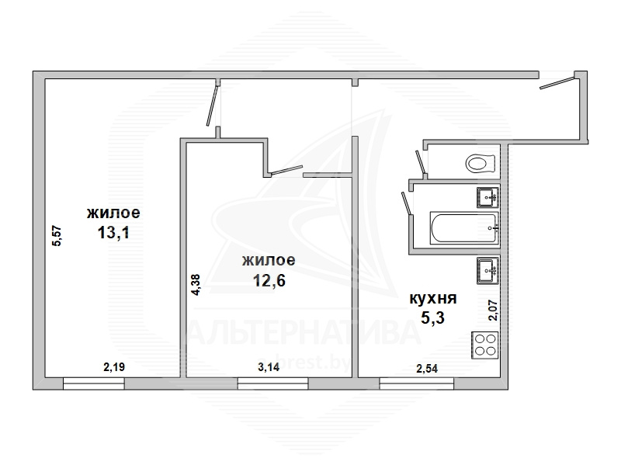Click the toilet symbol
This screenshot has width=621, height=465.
click(480, 163)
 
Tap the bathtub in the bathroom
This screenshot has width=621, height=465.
click(464, 227)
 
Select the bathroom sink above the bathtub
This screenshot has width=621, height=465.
click(487, 197)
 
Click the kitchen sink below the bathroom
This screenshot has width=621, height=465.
click(487, 270)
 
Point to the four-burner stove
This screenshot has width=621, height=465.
click(484, 345)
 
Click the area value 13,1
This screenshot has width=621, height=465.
click(113, 233)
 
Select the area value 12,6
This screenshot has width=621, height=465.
click(269, 280)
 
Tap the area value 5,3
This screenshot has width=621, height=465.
click(432, 318)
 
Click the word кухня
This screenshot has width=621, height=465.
click(433, 298)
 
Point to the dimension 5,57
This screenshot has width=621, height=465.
click(57, 236)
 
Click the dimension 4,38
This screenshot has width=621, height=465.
click(196, 285)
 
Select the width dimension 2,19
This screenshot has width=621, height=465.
click(114, 367)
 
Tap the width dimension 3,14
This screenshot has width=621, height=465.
click(269, 367)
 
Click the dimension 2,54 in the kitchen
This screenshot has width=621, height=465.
click(427, 369)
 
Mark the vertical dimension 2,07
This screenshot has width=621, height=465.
click(493, 311)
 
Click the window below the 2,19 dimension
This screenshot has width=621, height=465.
click(93, 383)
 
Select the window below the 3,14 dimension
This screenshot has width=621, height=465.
click(273, 383)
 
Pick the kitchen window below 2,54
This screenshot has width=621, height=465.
click(417, 383)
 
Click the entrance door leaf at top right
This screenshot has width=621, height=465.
click(557, 82)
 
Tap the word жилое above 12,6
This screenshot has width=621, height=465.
click(269, 260)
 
